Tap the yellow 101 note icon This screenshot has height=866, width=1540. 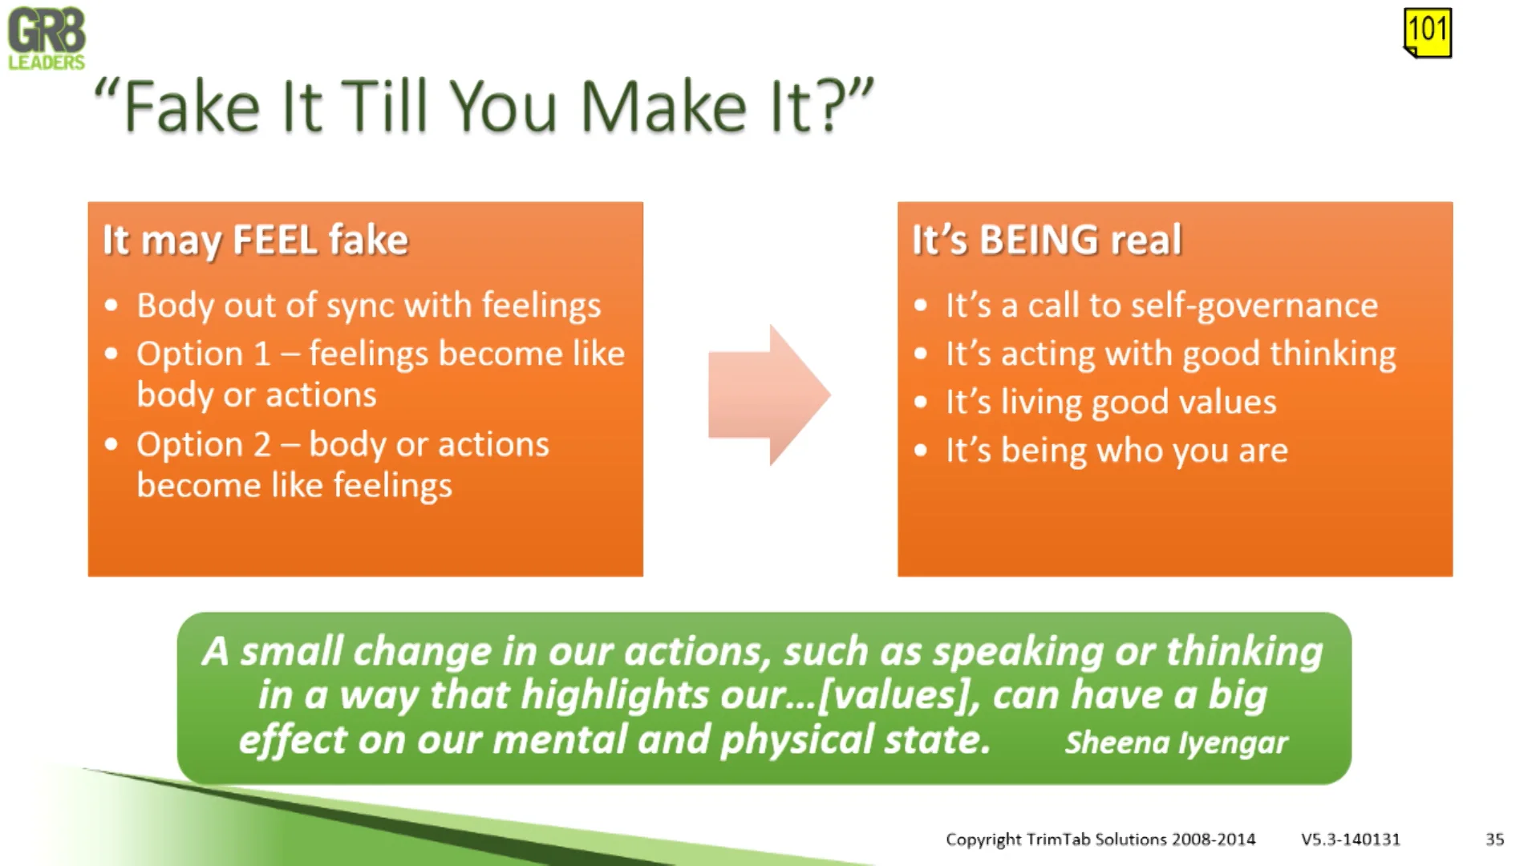click(x=1428, y=32)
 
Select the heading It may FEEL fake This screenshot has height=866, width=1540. click(x=256, y=241)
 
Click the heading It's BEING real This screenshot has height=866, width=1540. click(x=1047, y=240)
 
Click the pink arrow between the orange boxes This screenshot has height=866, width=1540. click(x=769, y=395)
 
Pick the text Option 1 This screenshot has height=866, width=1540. click(x=204, y=354)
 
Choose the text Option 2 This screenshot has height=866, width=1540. click(x=204, y=444)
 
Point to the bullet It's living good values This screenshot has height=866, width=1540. click(x=1111, y=403)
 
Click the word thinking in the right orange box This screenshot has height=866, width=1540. click(x=1333, y=354)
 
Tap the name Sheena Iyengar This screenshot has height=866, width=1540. click(x=1177, y=743)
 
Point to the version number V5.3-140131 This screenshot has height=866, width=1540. click(x=1351, y=839)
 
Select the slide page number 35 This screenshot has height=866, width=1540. click(x=1494, y=839)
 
